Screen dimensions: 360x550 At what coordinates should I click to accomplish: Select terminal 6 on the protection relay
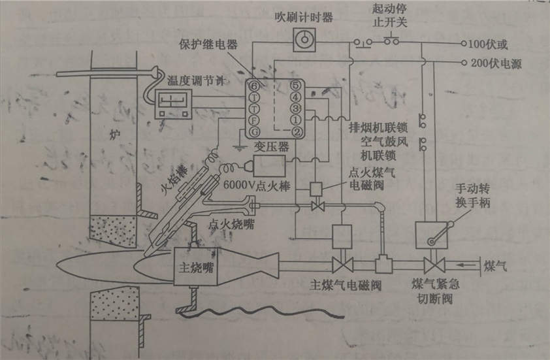(253, 85)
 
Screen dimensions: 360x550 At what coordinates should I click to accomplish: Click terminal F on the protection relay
(253, 121)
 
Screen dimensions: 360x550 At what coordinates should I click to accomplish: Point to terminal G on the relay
(253, 133)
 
